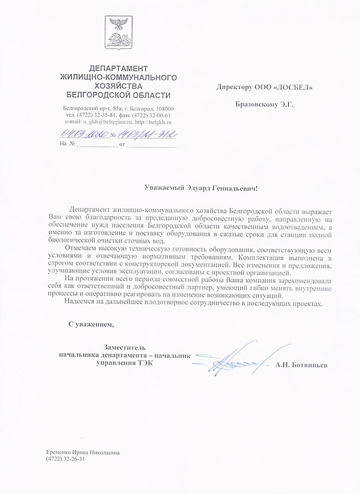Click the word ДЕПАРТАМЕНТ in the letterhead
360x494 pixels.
118,68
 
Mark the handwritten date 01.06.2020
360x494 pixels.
84,133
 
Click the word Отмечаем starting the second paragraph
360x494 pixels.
80,248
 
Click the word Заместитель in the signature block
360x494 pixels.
125,348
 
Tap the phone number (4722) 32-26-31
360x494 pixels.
66,459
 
